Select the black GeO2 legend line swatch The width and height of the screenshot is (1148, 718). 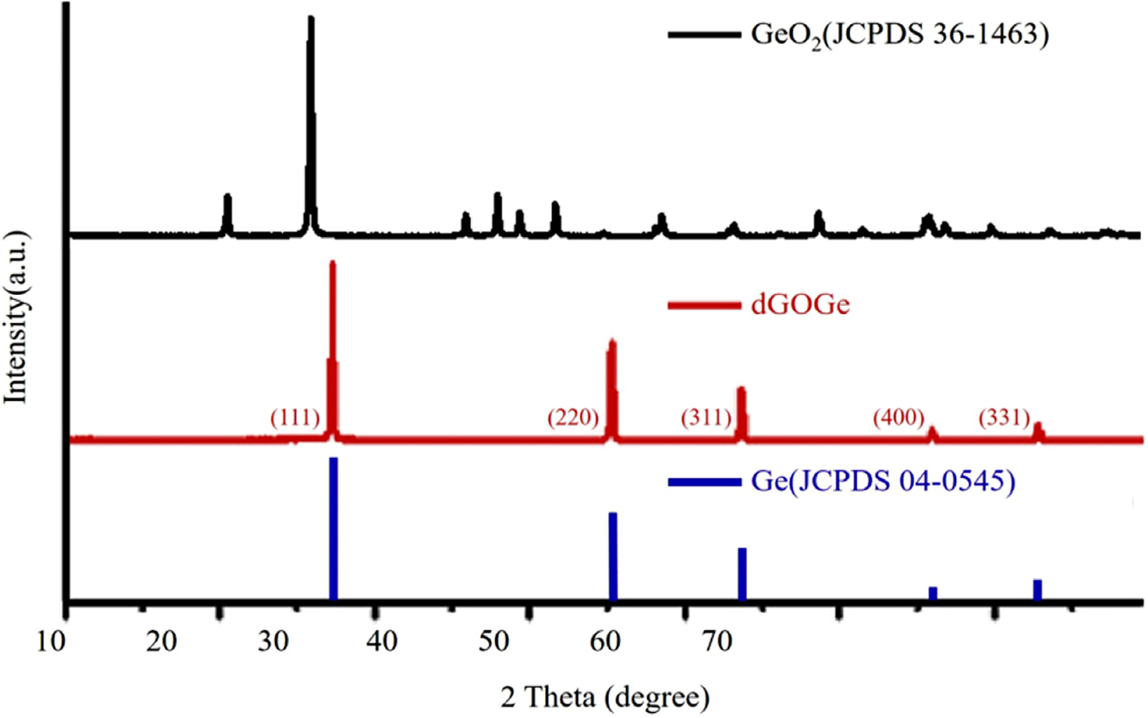tap(700, 36)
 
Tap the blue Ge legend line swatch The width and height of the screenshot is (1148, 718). tap(700, 482)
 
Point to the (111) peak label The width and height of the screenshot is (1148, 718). tap(296, 419)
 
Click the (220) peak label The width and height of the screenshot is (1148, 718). tap(573, 419)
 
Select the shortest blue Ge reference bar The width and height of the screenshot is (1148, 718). tap(932, 593)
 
